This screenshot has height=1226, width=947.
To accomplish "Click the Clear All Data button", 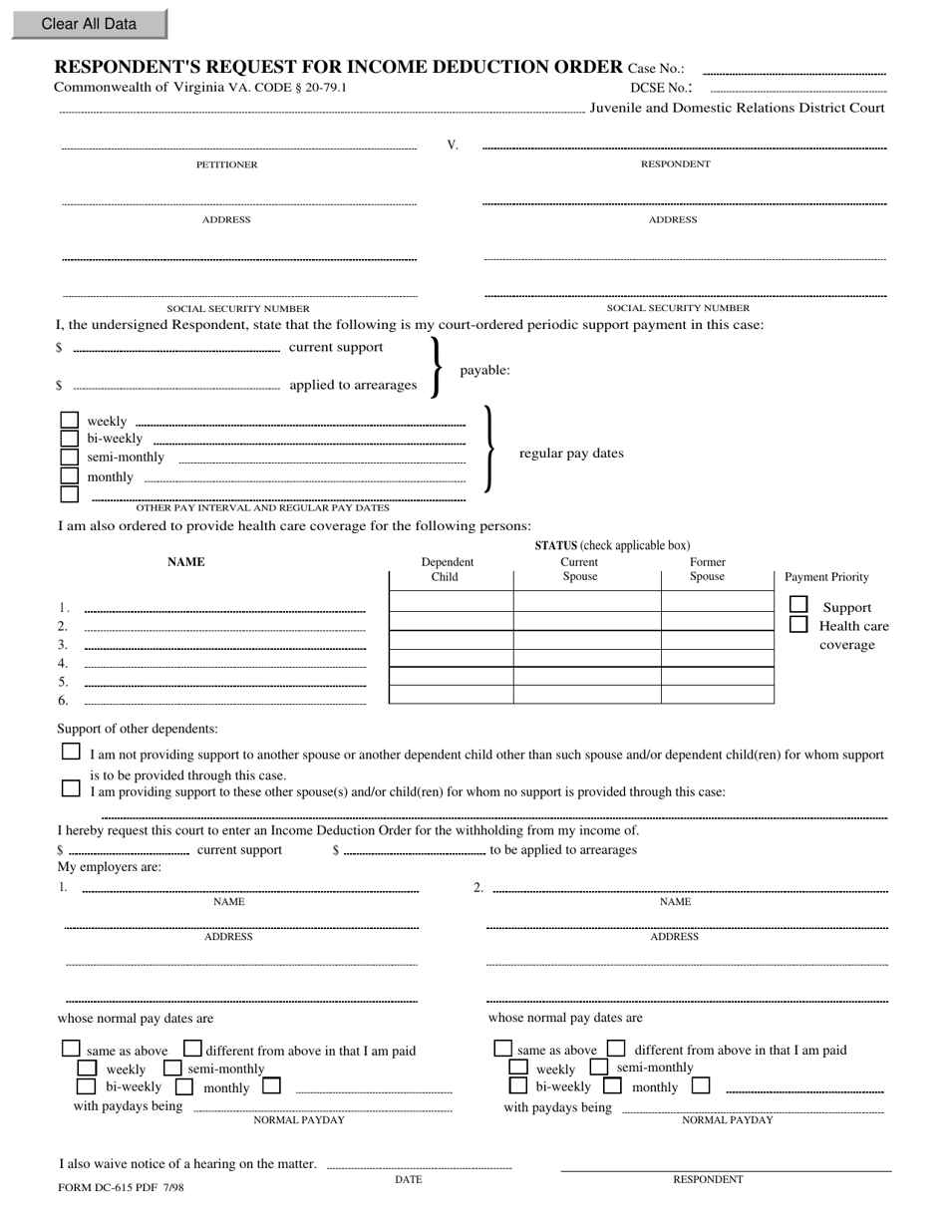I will coord(89,24).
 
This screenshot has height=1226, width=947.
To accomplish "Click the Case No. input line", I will coord(794,72).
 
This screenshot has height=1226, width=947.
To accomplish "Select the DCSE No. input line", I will coord(796,91).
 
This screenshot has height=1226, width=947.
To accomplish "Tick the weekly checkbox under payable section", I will coord(69,421).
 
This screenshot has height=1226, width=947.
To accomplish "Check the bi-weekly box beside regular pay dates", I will coord(69,439).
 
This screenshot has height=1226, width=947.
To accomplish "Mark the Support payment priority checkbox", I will coord(798,605).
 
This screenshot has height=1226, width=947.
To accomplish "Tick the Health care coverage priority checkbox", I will coord(798,624).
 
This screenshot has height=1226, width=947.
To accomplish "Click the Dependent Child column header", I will coord(447,569).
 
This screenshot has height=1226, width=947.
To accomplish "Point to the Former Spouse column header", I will coord(707,569).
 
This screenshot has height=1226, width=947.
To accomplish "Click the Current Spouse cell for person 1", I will coord(586,601).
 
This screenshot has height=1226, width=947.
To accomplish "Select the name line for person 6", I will coord(224,703).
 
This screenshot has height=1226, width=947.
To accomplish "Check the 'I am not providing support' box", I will coord(71,753).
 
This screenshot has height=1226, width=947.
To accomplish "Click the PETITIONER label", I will coord(226,164).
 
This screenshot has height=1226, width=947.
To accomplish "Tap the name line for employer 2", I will coord(690,889).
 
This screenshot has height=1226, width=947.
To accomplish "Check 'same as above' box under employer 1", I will coord(71,1049).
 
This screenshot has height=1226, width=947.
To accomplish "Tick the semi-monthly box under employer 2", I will coord(599,1068).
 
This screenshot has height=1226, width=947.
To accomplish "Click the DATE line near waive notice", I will coord(419,1165).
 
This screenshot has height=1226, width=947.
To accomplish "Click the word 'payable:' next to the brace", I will coord(484,371).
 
